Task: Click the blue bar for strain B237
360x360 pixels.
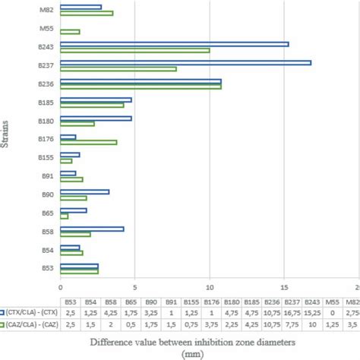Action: tap(185, 62)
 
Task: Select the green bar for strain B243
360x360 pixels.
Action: tap(134, 50)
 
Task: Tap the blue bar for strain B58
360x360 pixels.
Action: tap(91, 229)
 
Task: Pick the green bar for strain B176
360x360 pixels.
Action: tap(88, 143)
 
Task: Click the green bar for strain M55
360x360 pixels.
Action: tap(70, 32)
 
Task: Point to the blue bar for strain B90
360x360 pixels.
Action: tap(84, 191)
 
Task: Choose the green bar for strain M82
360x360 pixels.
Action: tap(86, 14)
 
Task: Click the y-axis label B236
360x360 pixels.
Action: tap(46, 84)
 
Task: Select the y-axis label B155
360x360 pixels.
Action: tap(46, 158)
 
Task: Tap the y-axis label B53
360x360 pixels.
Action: tap(46, 269)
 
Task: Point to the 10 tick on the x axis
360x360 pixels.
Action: tap(210, 287)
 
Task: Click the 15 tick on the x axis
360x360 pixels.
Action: tap(284, 287)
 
